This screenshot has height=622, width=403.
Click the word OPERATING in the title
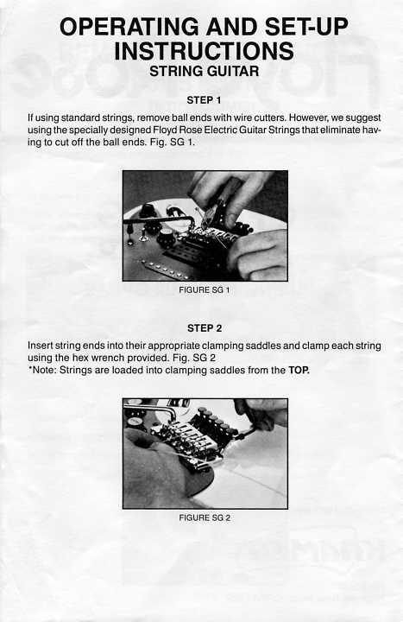pyautogui.click(x=129, y=27)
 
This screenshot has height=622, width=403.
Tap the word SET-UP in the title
pyautogui.click(x=306, y=27)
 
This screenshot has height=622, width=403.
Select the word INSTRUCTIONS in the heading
pyautogui.click(x=204, y=51)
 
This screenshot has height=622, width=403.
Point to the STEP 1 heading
pyautogui.click(x=204, y=100)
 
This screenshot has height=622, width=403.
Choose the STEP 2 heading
pyautogui.click(x=205, y=328)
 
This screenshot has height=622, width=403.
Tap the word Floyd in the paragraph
pyautogui.click(x=165, y=130)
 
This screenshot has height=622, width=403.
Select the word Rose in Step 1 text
pyautogui.click(x=190, y=130)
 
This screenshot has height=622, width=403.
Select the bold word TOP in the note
pyautogui.click(x=299, y=370)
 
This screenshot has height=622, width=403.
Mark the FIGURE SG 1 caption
pyautogui.click(x=205, y=290)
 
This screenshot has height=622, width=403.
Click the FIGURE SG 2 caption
pyautogui.click(x=205, y=517)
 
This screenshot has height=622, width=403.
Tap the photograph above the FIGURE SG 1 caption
pyautogui.click(x=205, y=225)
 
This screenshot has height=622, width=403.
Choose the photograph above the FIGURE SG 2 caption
pyautogui.click(x=205, y=454)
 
